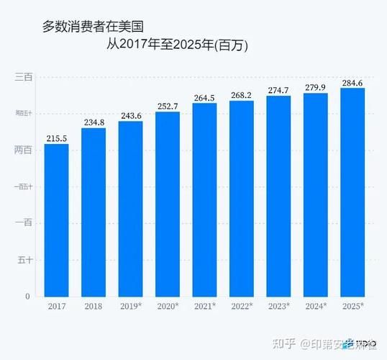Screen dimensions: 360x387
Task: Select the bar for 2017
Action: point(57,220)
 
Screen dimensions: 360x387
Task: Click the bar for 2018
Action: point(94,212)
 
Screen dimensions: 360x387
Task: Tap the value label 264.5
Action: point(205,98)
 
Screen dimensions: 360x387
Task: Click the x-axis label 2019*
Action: point(131,307)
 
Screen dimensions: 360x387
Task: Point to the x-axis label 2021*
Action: point(205,307)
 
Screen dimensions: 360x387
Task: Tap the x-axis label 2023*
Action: point(278,307)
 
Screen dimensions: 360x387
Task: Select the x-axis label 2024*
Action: point(316,307)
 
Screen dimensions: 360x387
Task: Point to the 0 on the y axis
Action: point(27,296)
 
